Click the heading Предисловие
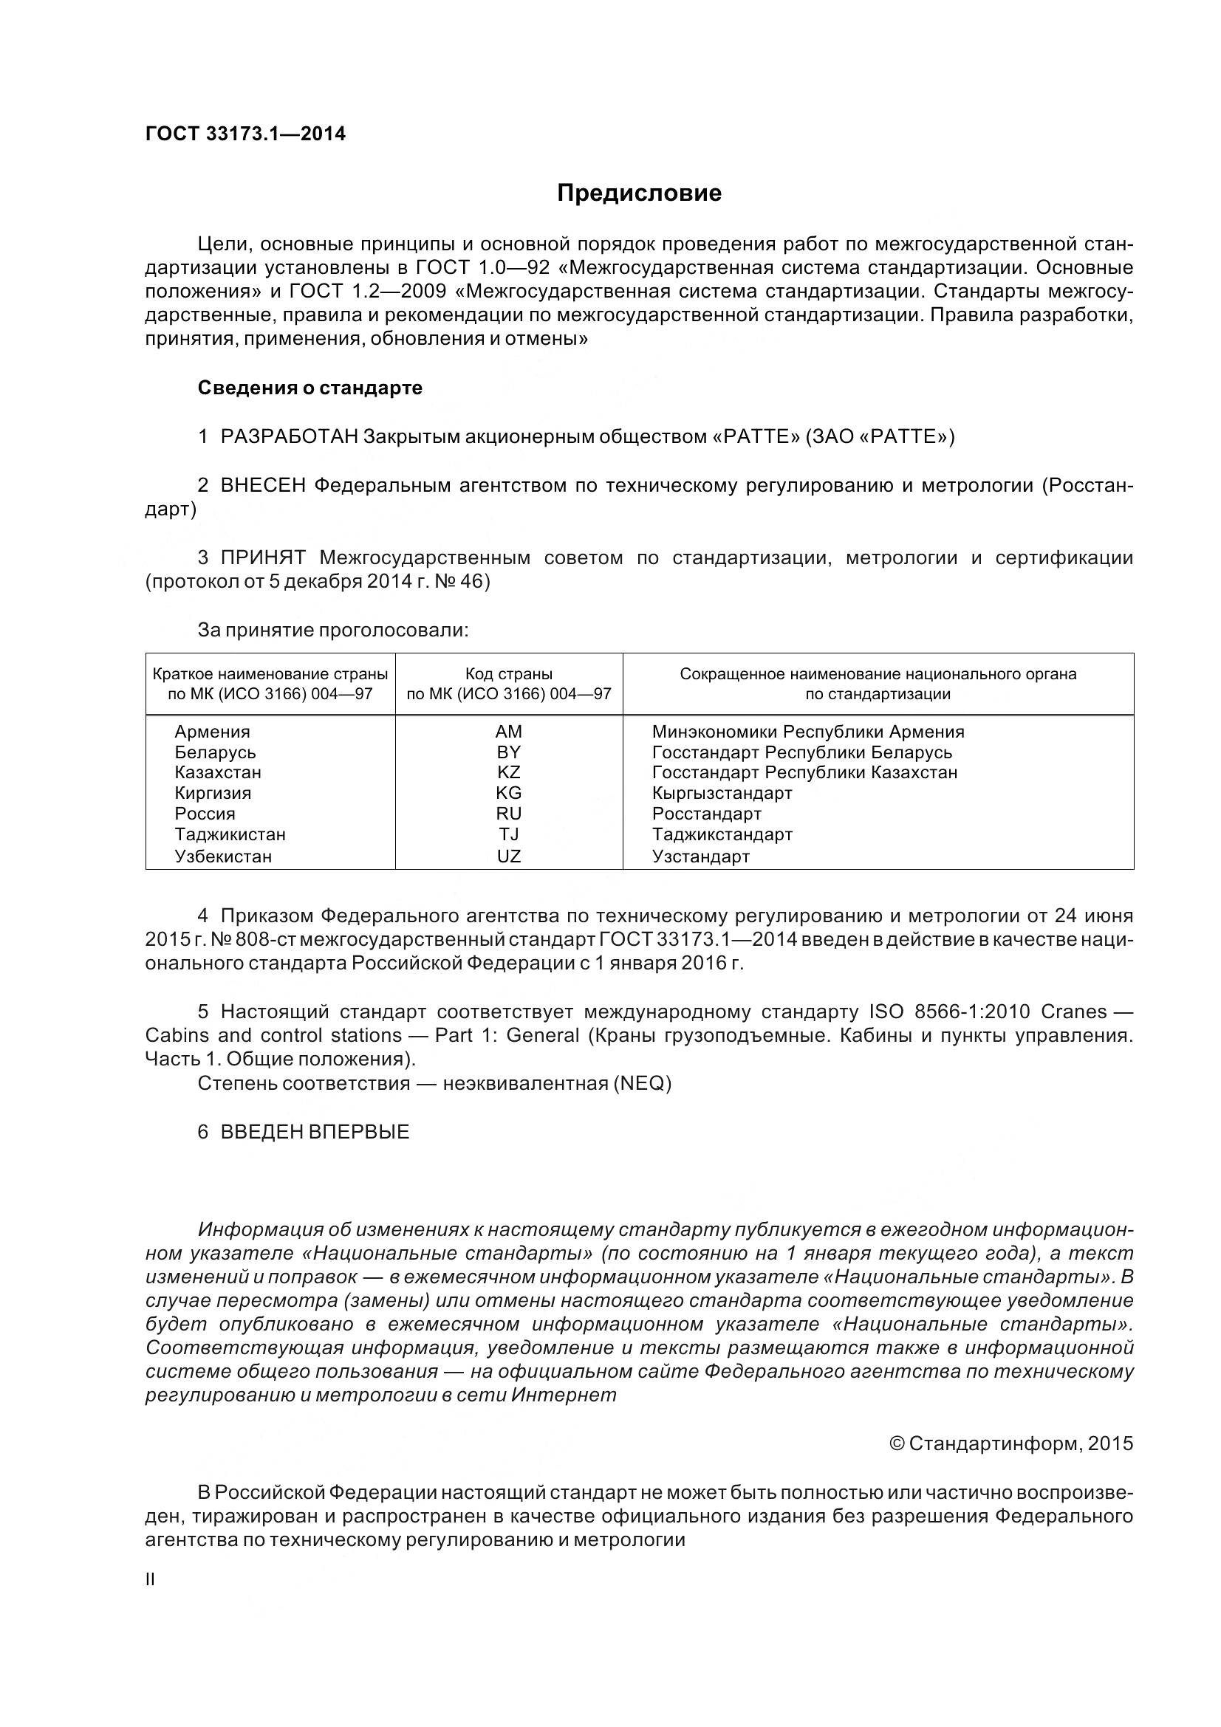(639, 193)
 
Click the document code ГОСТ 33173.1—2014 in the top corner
(245, 134)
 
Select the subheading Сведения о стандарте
(310, 388)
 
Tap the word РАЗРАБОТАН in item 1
(289, 437)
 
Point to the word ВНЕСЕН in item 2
(263, 486)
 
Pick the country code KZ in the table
(508, 772)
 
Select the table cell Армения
(212, 732)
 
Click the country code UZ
(508, 856)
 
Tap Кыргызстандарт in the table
(722, 793)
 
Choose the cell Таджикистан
(230, 834)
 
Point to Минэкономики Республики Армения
(808, 732)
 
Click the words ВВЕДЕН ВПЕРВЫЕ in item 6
(315, 1132)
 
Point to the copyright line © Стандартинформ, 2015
(1011, 1443)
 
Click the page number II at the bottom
(150, 1579)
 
